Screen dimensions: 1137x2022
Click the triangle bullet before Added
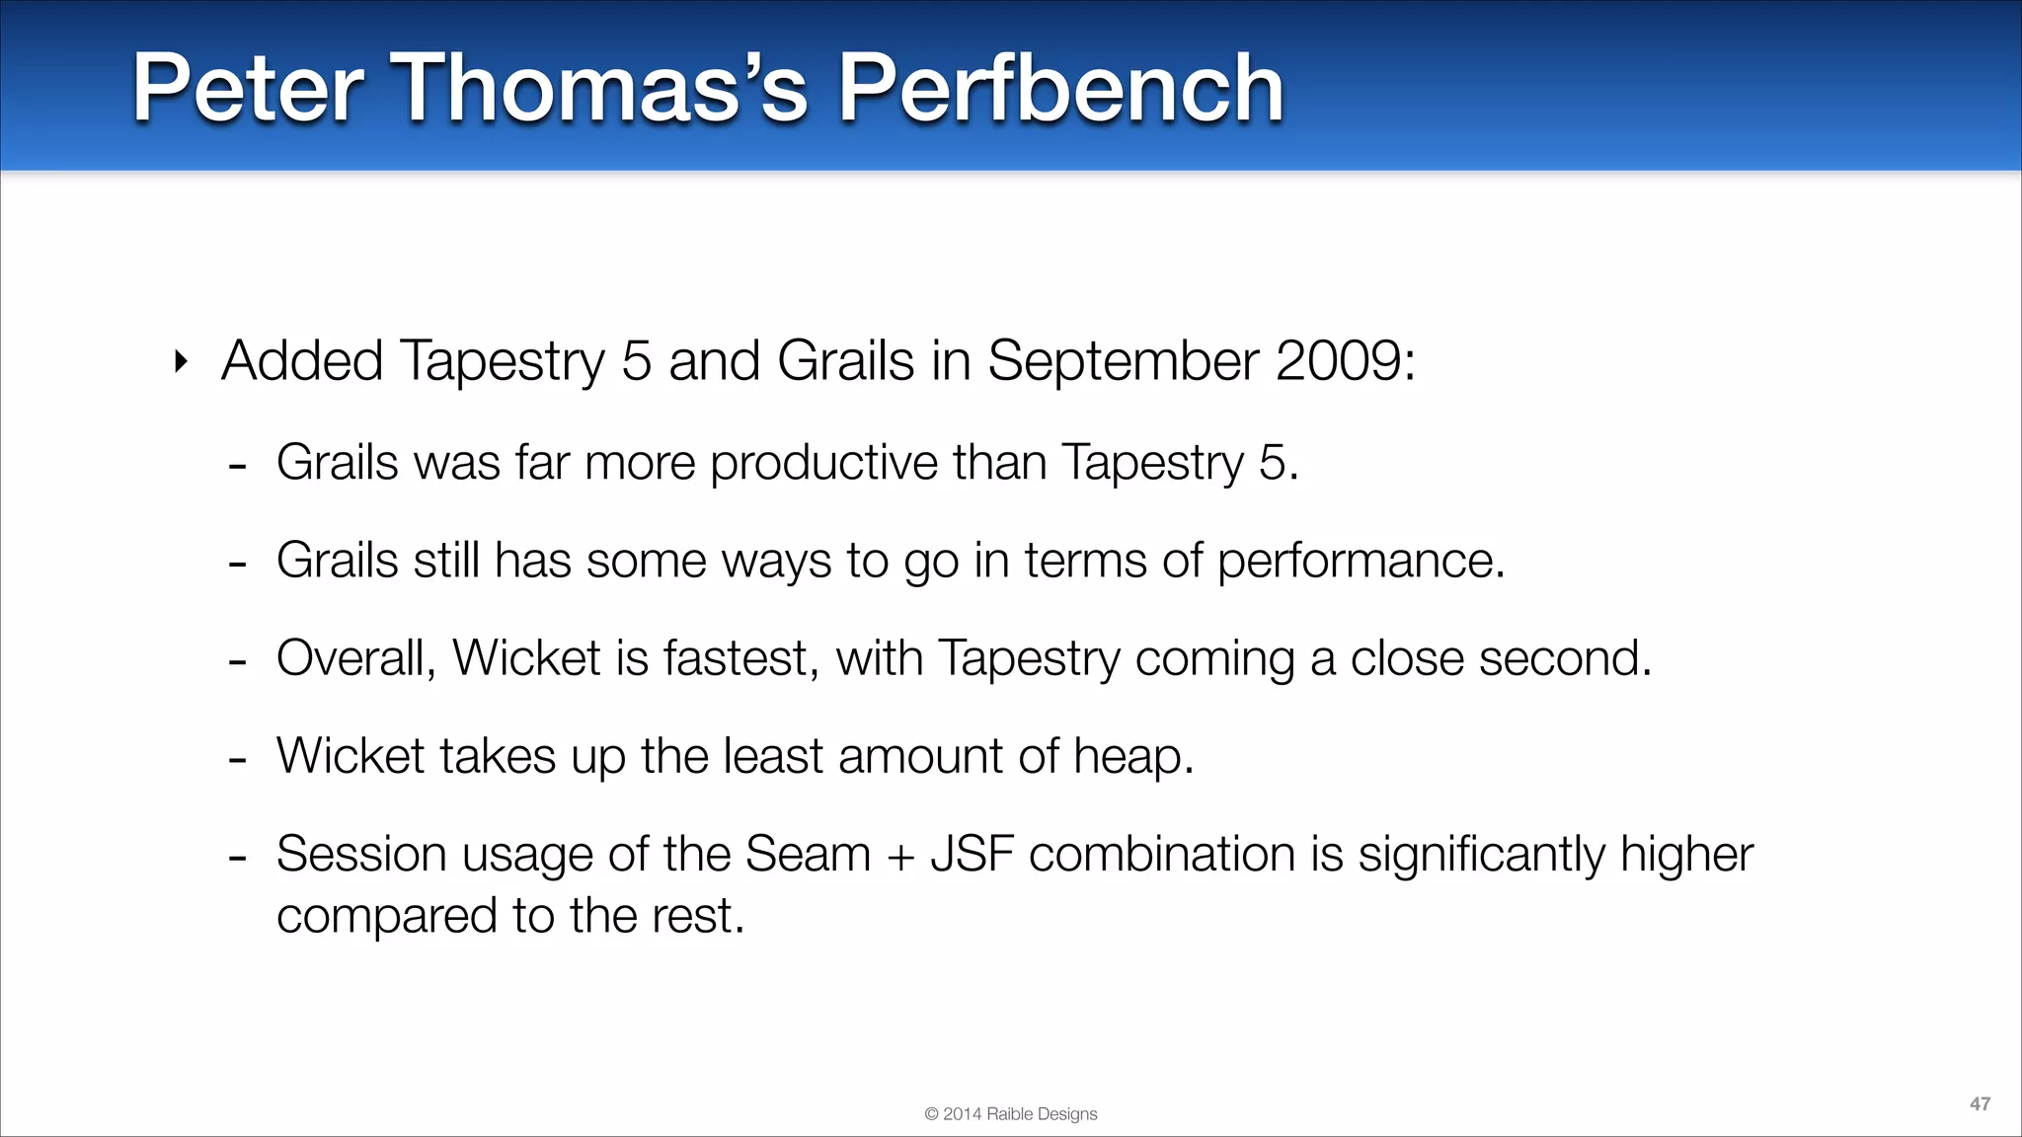[180, 362]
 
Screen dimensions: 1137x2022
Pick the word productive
[824, 462]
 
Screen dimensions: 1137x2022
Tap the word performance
[1361, 561]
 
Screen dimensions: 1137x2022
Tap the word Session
[361, 854]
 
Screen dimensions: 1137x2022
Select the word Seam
[808, 854]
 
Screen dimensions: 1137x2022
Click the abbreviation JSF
[972, 854]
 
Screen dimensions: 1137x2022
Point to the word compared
[386, 917]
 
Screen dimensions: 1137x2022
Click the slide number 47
[1980, 1104]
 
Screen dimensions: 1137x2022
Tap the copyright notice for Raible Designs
[1011, 1114]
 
